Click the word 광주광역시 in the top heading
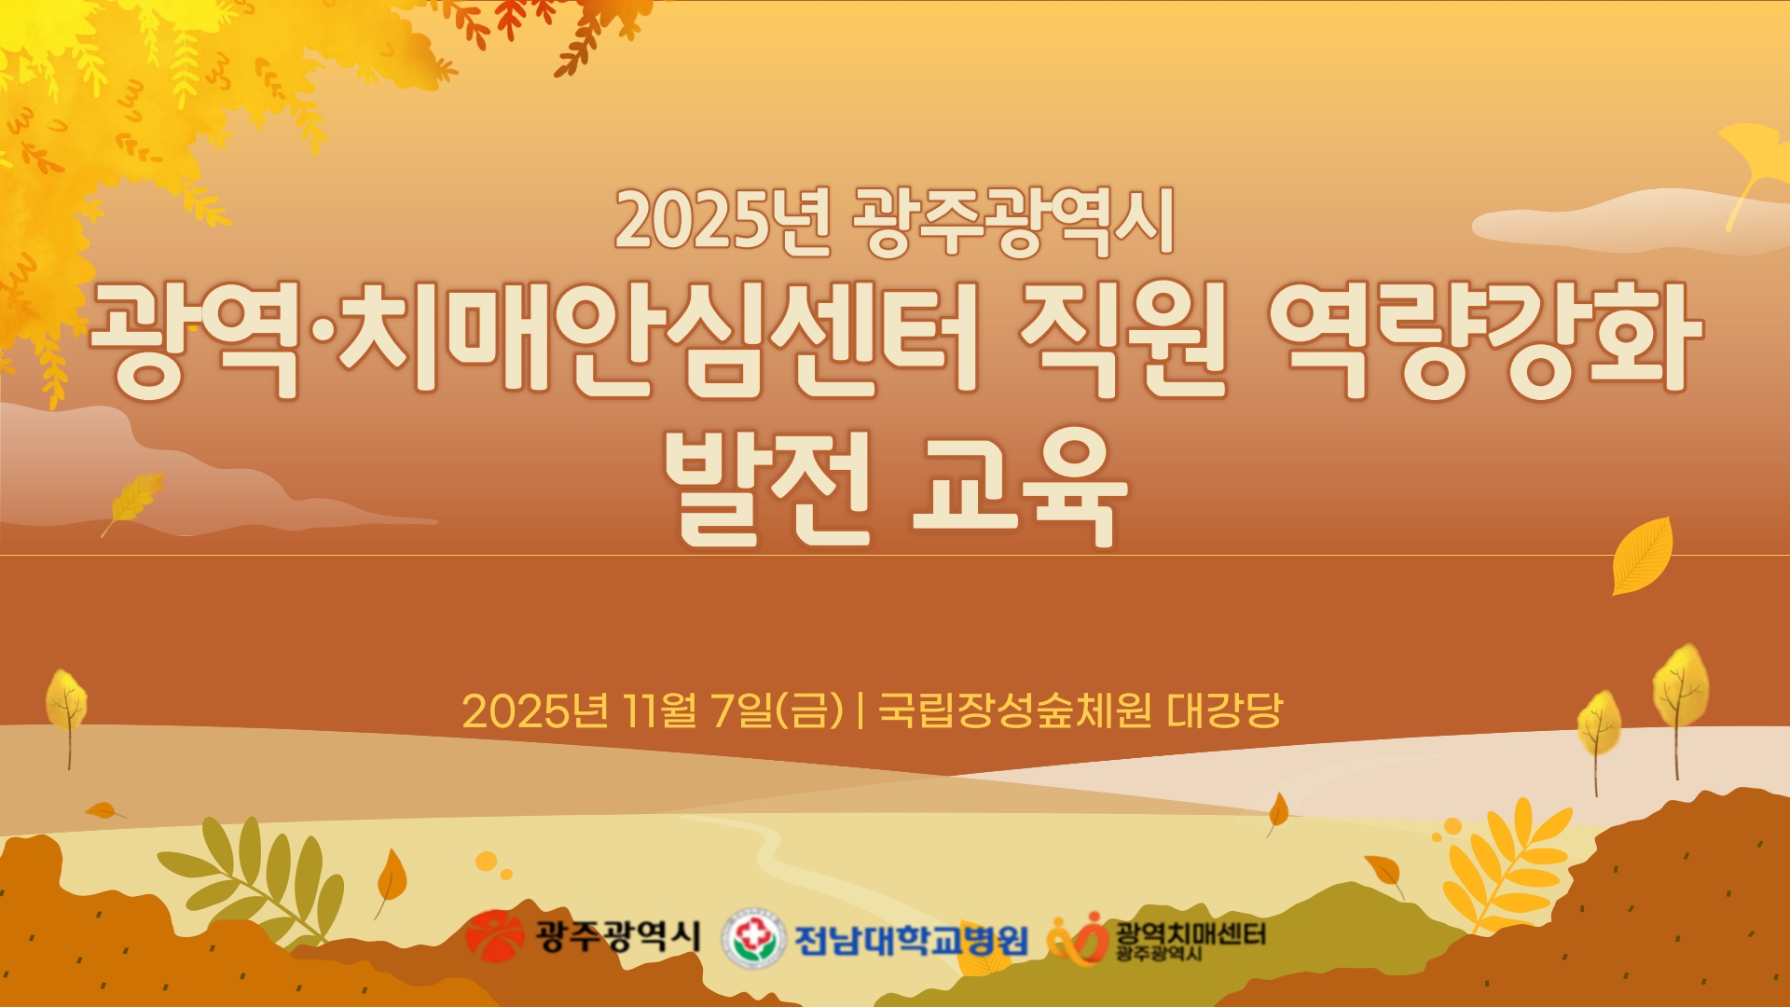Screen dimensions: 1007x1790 tap(1013, 221)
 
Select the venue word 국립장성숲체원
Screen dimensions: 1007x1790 tap(1015, 711)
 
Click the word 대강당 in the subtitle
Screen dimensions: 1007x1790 tap(1225, 711)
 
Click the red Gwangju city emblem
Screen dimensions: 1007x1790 tap(495, 935)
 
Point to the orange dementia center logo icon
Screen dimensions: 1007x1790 tap(1077, 940)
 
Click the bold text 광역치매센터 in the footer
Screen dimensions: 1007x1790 tap(1191, 932)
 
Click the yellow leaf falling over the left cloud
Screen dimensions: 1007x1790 tap(134, 500)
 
